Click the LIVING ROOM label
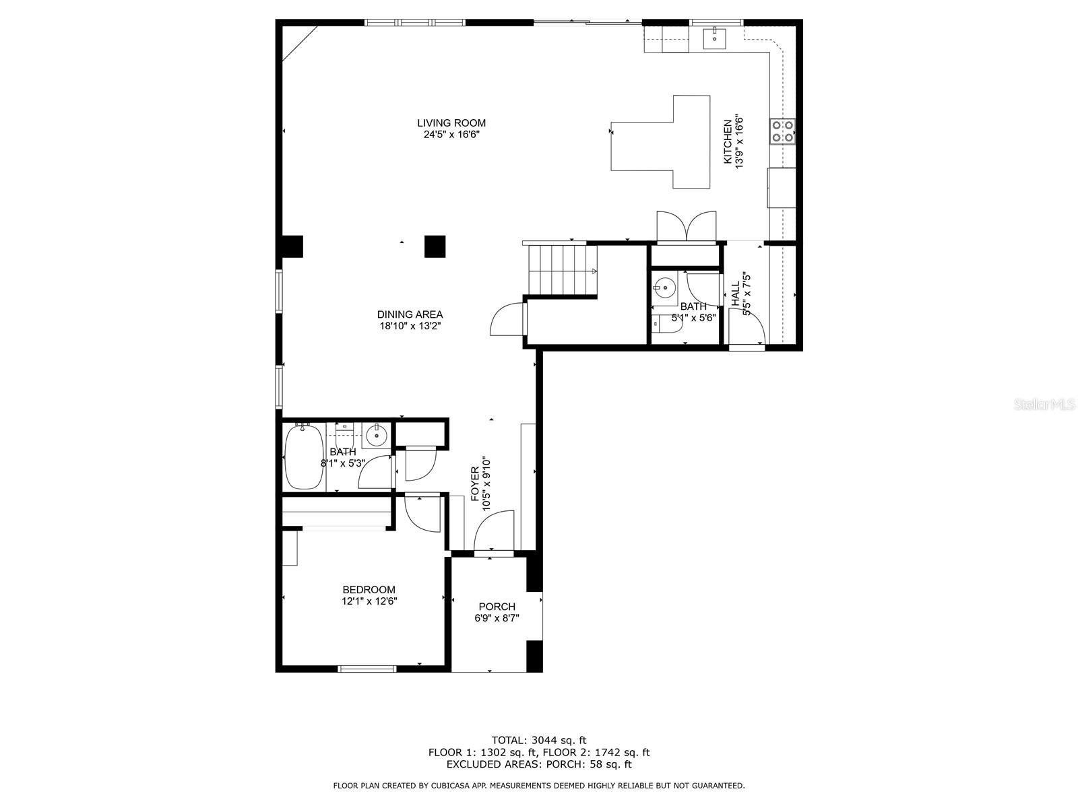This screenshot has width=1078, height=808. coord(451,123)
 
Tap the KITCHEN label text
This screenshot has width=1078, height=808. coord(728,142)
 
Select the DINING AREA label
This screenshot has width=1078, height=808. coord(410,314)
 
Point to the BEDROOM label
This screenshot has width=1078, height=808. coord(369,590)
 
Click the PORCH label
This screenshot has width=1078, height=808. coord(497,607)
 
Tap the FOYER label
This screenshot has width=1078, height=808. coord(475,483)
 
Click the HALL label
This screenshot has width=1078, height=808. coord(735,294)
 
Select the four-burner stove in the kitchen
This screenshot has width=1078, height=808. coord(782,131)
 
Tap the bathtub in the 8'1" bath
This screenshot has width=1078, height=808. coord(304,457)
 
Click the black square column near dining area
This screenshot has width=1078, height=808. coord(435,246)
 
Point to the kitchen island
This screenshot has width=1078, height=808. coord(660,142)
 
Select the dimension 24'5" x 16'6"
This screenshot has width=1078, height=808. coord(451,135)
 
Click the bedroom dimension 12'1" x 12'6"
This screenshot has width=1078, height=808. coord(369,601)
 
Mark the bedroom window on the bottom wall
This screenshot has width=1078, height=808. coord(367,668)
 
